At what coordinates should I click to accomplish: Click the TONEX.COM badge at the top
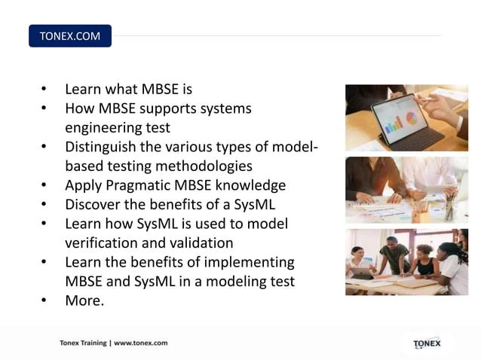[69, 36]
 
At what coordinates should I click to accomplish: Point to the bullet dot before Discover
[44, 205]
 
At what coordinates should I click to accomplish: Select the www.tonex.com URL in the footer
[140, 343]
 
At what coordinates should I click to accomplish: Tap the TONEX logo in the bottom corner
[427, 343]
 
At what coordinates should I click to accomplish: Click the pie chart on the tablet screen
[412, 118]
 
